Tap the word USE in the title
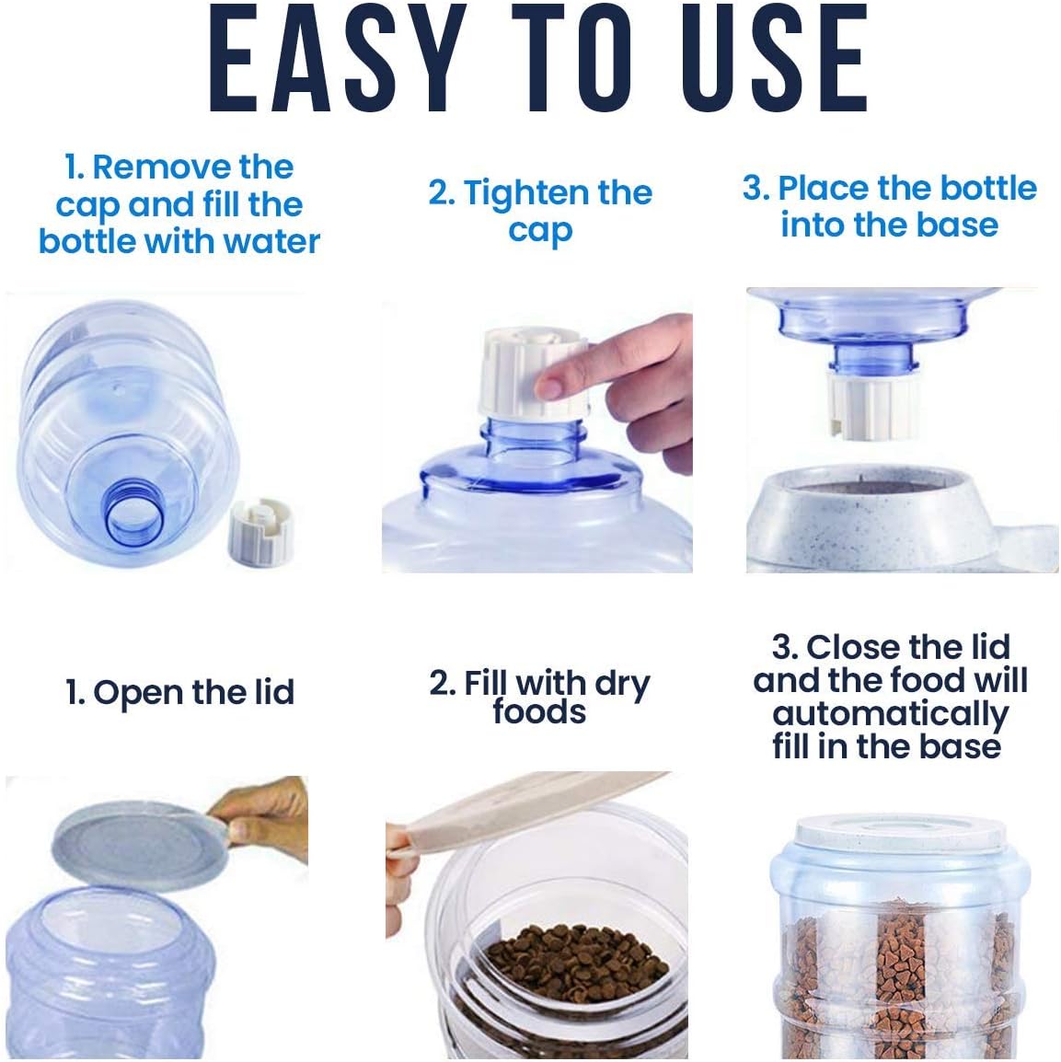point(774,58)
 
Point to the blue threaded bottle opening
point(134,512)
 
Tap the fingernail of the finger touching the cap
point(548,387)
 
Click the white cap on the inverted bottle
point(873,405)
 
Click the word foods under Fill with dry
point(539,712)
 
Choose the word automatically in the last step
point(891,715)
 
